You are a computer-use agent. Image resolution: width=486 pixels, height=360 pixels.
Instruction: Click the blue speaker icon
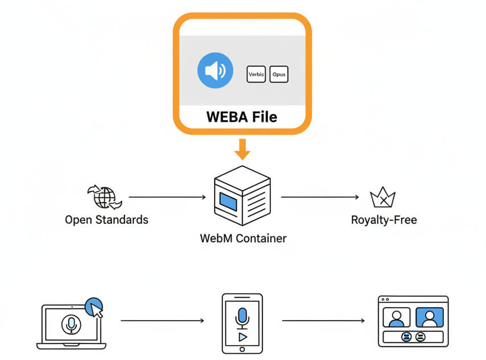point(215,71)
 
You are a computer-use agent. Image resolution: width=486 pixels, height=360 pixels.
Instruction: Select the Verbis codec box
point(256,75)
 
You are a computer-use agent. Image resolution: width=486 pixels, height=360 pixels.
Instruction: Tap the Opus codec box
point(279,75)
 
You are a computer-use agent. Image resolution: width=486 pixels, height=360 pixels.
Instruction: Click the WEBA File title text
point(242,117)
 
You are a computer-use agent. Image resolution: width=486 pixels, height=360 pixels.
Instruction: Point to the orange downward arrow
point(243,149)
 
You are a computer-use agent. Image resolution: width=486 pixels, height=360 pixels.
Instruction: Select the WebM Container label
point(243,238)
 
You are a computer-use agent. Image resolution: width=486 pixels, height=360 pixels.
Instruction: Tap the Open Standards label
point(106,220)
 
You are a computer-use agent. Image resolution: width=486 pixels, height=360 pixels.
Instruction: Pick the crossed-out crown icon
point(382,198)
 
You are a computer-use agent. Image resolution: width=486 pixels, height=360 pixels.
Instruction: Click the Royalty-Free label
point(384,220)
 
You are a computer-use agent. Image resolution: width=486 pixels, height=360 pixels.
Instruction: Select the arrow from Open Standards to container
point(167,198)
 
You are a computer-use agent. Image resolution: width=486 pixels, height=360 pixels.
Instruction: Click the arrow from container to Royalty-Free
point(320,198)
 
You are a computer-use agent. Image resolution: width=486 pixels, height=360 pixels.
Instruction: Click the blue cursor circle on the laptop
point(94,308)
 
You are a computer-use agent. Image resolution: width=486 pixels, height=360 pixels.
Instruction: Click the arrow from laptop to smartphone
point(162,321)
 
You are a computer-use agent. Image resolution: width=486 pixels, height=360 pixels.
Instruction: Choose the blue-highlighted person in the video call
point(429,318)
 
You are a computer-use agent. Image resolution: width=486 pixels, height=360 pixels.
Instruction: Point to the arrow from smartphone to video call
point(323,321)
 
